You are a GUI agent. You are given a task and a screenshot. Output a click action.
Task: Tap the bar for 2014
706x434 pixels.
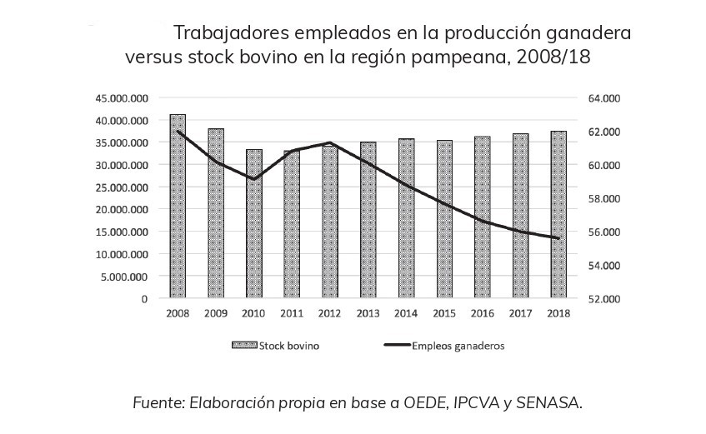pos(406,218)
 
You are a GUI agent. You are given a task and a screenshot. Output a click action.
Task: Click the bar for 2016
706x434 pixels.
pos(482,217)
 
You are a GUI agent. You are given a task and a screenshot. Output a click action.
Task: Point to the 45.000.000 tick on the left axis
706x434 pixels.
pos(122,97)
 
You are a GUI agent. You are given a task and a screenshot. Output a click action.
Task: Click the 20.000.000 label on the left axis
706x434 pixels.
pos(122,209)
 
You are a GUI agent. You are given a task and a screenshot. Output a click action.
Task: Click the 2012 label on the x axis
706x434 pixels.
pos(329,314)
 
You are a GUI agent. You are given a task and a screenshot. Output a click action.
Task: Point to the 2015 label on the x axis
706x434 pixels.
pos(443,314)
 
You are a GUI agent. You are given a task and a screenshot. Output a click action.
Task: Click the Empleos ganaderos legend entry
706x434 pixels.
pos(458,345)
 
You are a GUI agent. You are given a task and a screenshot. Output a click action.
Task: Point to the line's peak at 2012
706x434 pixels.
pos(329,143)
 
